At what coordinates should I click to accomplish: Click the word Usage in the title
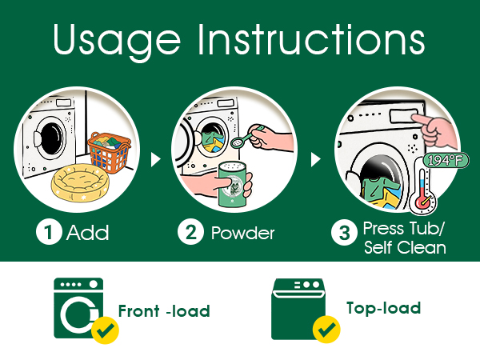pos(116,42)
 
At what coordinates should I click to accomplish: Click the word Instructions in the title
pos(311,39)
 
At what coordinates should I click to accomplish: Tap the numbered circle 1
pos(49,232)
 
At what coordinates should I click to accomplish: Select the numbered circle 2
pos(190,232)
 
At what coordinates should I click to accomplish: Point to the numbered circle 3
pos(344,233)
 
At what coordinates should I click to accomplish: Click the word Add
pos(87,233)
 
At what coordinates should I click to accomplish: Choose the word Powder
pos(242,234)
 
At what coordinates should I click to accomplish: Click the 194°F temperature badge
pos(446,161)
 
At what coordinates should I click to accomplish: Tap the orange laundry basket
pos(110,152)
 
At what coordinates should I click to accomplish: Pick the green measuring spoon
pos(247,136)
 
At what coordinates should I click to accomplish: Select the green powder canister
pos(232,185)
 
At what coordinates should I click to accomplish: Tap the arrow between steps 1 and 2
pos(155,159)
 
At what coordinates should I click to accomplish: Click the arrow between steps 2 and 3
pos(316,159)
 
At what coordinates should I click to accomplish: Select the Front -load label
pos(164,311)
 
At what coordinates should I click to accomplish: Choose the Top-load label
pos(383,308)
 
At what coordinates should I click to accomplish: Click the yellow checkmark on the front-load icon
pos(105,330)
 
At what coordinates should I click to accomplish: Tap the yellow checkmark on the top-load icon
pos(326,329)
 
